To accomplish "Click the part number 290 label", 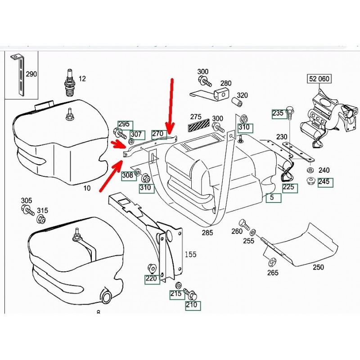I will [x=31, y=74].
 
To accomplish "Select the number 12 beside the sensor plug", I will [x=82, y=79].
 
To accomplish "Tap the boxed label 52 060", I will [x=319, y=79].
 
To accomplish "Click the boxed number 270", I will [x=157, y=133].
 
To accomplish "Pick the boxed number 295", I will [x=124, y=124].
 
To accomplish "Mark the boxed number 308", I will [x=128, y=175].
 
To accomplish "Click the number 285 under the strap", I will [x=207, y=233].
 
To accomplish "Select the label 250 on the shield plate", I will [x=318, y=267].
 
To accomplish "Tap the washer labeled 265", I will [x=272, y=262].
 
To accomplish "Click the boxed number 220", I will [x=152, y=279].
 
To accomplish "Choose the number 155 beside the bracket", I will [x=190, y=254].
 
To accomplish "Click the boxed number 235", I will [x=278, y=114].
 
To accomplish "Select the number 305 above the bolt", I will [x=27, y=201].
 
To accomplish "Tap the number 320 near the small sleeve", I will [x=243, y=95].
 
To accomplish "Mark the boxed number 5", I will [x=273, y=197].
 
